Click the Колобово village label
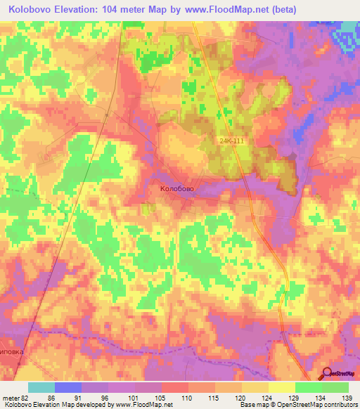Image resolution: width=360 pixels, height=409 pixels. [x=176, y=189]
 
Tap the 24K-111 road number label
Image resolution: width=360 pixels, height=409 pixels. [x=231, y=140]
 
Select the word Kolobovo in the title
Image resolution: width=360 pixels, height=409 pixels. [x=34, y=10]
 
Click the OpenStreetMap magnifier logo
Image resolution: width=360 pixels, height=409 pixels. [x=327, y=373]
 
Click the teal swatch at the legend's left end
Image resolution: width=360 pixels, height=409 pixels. [x=41, y=387]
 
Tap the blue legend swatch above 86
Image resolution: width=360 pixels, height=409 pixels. [x=68, y=387]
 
